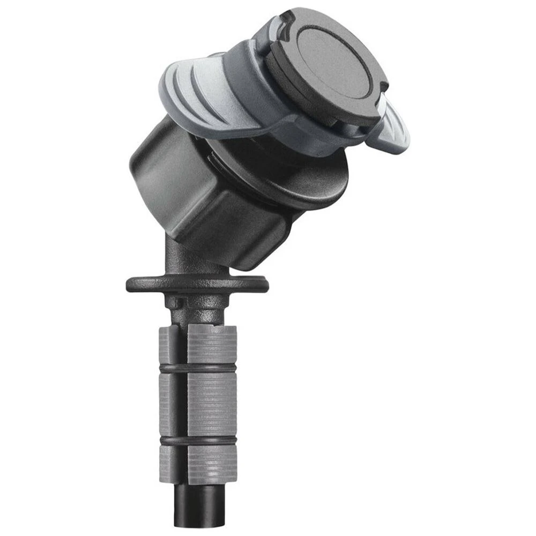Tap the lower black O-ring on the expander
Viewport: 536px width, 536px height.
coord(198,441)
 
